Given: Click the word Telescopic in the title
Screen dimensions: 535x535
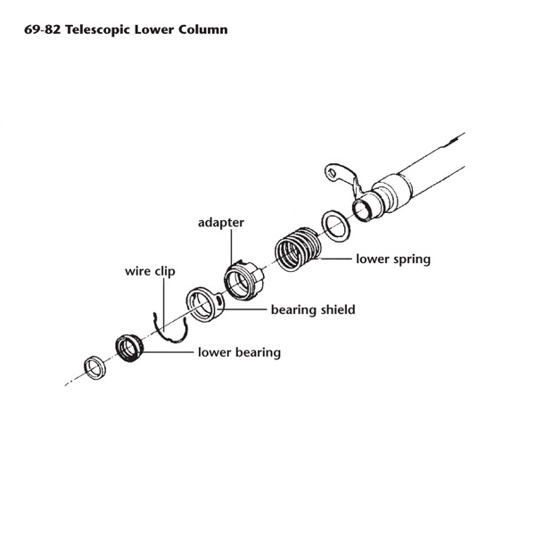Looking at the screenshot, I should point(98,29).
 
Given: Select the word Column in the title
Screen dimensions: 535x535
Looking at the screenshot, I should point(202,29).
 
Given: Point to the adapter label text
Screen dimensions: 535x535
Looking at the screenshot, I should point(220,221).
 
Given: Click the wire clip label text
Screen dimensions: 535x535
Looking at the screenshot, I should point(149,270).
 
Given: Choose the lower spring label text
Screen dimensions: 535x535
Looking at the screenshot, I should point(393,259).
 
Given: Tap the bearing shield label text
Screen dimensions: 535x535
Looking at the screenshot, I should point(313,309).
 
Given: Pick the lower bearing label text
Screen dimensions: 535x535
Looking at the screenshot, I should point(239,352).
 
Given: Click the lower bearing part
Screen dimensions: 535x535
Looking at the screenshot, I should point(130,347).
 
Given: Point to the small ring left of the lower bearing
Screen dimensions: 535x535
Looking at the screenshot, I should point(92,366).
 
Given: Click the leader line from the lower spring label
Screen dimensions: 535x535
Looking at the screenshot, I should point(334,259).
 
